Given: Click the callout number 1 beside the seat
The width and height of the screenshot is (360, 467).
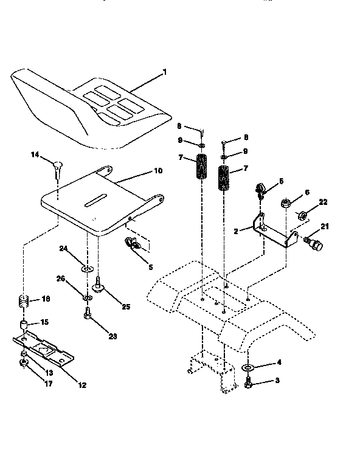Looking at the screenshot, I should point(164,72).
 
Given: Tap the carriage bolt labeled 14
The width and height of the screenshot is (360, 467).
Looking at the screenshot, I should point(58,165).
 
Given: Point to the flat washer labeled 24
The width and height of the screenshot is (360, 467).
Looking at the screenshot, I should point(88,268).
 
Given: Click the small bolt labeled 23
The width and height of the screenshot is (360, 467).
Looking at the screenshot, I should point(88,313).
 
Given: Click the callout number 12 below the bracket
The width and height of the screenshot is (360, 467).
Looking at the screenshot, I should point(81,384).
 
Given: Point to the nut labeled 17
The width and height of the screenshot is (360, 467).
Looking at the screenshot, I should point(23,364).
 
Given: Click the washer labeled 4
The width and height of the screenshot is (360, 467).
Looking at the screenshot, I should point(248,368).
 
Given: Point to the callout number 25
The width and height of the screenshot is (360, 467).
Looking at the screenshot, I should point(125,306).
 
